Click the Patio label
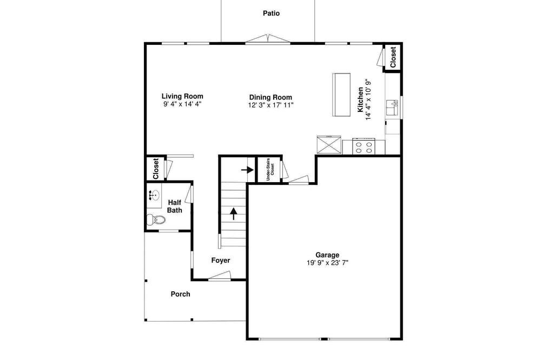[271, 14]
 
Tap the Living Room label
[182, 96]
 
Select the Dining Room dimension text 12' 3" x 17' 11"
[270, 105]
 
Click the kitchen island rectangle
[341, 95]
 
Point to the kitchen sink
[392, 108]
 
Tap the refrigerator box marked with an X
[329, 145]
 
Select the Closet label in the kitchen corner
[393, 57]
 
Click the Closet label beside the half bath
[156, 169]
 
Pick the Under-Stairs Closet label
[270, 169]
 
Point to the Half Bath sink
[154, 196]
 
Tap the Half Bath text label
[175, 206]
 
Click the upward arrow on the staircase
[234, 214]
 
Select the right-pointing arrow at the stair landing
[247, 170]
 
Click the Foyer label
[221, 261]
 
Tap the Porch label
[181, 294]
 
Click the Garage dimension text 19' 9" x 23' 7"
[327, 263]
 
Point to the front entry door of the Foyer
[220, 276]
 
